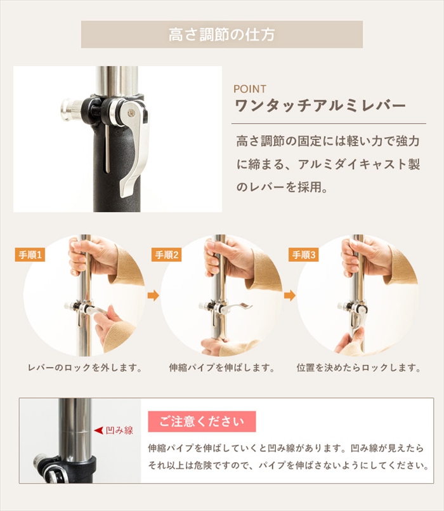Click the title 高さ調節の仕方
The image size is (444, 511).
(222, 34)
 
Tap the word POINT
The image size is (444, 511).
(250, 89)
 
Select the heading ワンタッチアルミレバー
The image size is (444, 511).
(320, 105)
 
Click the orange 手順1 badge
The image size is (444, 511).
(30, 255)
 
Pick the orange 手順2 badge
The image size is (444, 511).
(166, 255)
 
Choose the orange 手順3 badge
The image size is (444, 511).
(304, 255)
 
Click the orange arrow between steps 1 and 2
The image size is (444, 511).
(153, 296)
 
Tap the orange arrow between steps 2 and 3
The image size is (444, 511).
(290, 296)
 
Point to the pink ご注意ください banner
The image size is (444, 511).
(202, 421)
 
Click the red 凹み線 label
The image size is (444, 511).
(119, 430)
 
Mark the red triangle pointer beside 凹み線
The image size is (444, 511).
(99, 430)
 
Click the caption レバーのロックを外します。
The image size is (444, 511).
(86, 368)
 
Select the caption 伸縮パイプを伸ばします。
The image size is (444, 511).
(222, 368)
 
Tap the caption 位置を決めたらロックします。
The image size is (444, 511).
(359, 368)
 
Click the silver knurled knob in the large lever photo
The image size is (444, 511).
(70, 109)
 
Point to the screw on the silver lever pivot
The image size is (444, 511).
(131, 113)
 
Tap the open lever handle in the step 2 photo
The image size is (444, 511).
(237, 307)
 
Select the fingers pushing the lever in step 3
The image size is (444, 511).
(349, 340)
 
